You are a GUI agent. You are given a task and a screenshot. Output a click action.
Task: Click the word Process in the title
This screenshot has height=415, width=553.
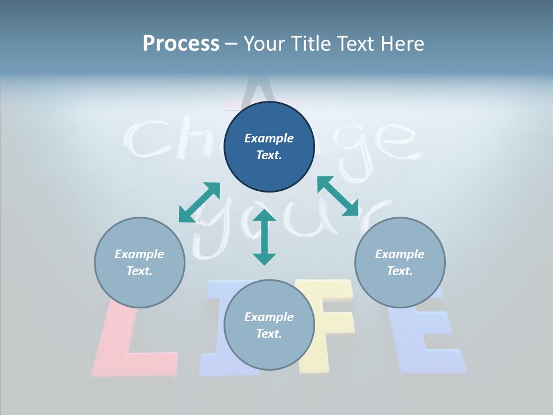(181, 44)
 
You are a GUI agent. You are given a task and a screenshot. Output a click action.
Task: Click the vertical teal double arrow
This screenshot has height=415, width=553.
(264, 237)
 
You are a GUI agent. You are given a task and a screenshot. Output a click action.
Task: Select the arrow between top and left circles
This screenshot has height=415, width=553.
(200, 202)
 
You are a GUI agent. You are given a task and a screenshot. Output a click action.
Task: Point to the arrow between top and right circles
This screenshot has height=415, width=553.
(338, 196)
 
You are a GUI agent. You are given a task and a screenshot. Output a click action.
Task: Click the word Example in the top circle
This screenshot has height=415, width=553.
(269, 138)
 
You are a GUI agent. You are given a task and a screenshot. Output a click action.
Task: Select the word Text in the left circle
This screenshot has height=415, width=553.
(139, 271)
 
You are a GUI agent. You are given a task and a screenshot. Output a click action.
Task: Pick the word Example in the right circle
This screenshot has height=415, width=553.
(400, 254)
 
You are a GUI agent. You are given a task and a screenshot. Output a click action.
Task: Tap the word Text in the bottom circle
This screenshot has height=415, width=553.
(269, 334)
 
